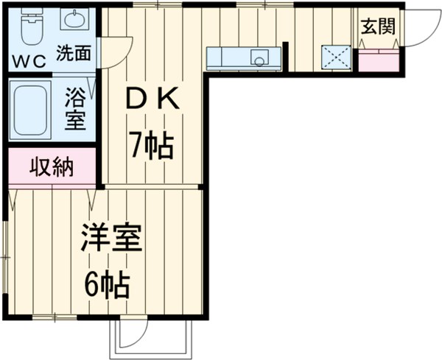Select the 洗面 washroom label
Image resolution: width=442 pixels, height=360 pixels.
click(x=74, y=54)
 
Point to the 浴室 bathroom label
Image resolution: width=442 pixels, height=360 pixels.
click(x=74, y=109)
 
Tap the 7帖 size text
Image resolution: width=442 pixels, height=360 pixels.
click(x=152, y=147)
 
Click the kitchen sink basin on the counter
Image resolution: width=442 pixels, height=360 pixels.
click(x=259, y=57)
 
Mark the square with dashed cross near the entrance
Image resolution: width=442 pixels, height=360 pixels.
click(x=335, y=57)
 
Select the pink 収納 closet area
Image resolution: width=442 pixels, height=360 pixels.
click(x=52, y=168)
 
